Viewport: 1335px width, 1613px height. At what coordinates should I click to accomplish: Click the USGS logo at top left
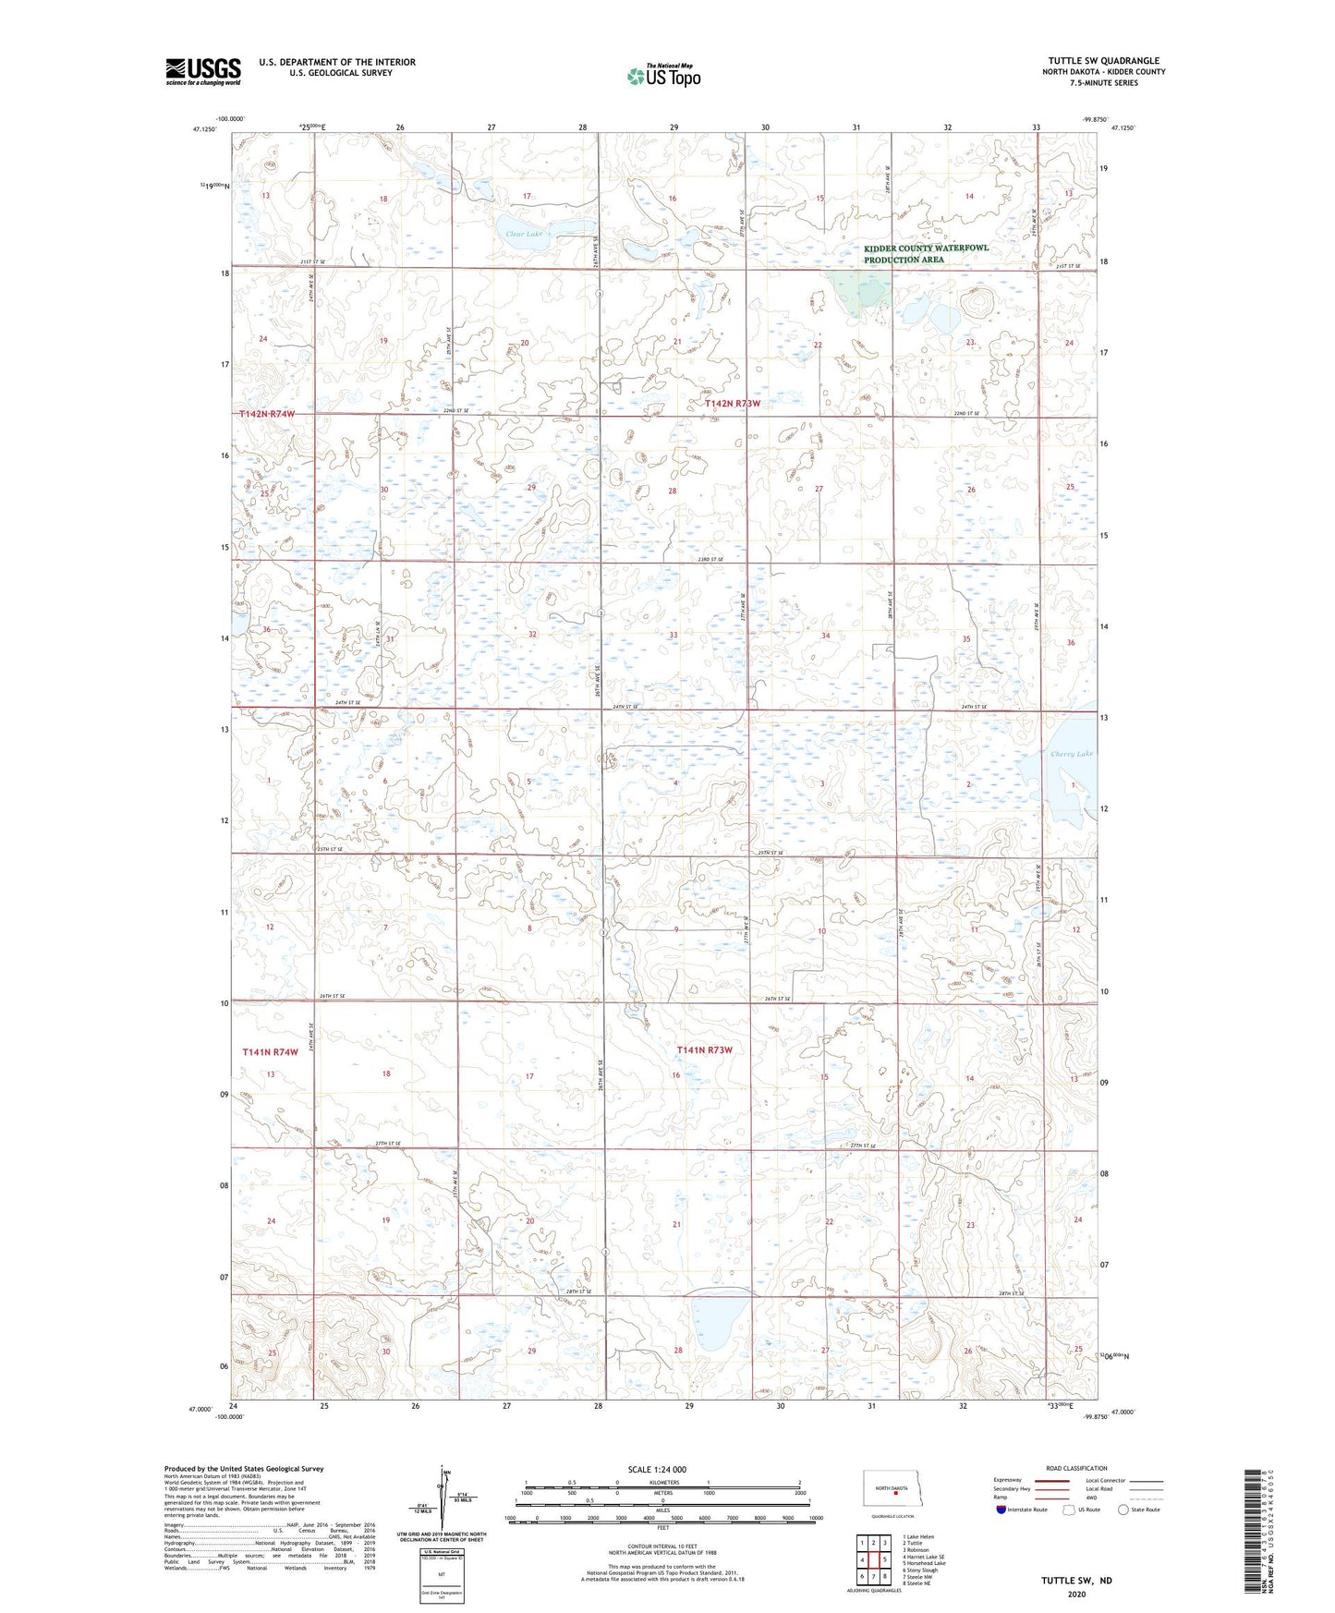[202, 71]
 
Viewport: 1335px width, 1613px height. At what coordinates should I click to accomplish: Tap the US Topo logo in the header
[662, 76]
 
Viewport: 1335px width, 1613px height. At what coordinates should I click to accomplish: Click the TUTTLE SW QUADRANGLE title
[1103, 61]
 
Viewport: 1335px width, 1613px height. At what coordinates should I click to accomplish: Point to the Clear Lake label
[523, 234]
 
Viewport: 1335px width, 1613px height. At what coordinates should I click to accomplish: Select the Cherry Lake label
[1071, 754]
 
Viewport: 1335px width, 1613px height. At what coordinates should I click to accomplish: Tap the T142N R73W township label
[732, 404]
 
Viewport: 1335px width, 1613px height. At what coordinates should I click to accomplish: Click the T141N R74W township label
[270, 1052]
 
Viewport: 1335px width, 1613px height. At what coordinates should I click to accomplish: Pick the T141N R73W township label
[704, 1049]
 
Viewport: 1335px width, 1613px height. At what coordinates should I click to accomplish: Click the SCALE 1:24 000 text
[657, 1470]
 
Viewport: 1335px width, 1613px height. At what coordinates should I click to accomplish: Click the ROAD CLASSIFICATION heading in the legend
[1077, 1468]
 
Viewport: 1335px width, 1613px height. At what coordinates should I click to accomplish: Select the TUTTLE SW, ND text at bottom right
[1076, 1580]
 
